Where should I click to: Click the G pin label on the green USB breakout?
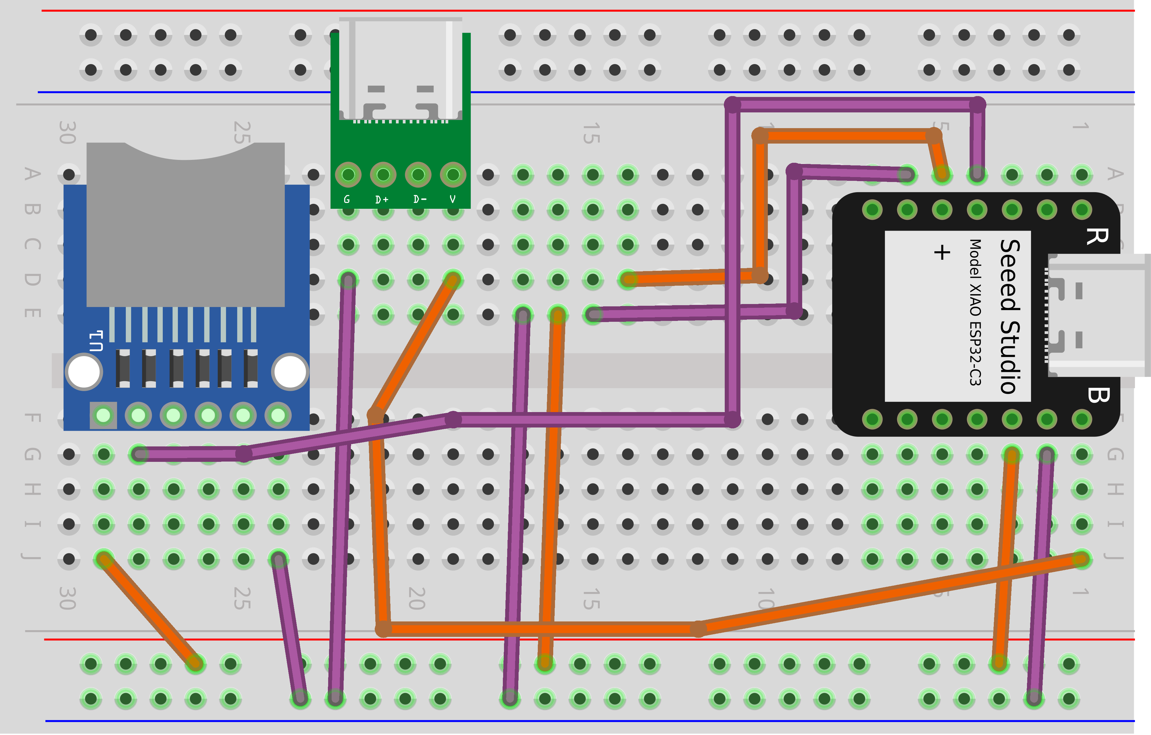tap(347, 199)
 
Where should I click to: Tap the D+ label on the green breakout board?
tap(382, 199)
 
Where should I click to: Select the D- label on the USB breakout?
tap(420, 199)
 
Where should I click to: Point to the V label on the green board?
tap(453, 199)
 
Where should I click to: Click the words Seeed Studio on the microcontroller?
tap(1010, 316)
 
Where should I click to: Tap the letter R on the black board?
tap(1097, 236)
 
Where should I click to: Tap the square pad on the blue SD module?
tap(103, 415)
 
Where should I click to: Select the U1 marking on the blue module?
tap(96, 341)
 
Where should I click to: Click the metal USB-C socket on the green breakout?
tap(401, 69)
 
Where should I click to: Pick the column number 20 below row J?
tap(417, 598)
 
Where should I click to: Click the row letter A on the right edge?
tap(1115, 174)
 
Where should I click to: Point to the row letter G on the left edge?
tap(31, 454)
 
